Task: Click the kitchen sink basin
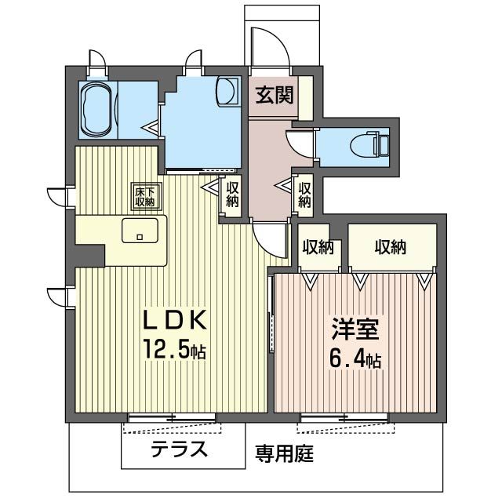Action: tap(140, 232)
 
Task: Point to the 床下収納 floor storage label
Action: tap(143, 196)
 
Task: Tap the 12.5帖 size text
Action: tap(173, 350)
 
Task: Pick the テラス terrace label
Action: tap(180, 449)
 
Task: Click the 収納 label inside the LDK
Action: tap(232, 194)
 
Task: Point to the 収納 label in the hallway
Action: tap(304, 194)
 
